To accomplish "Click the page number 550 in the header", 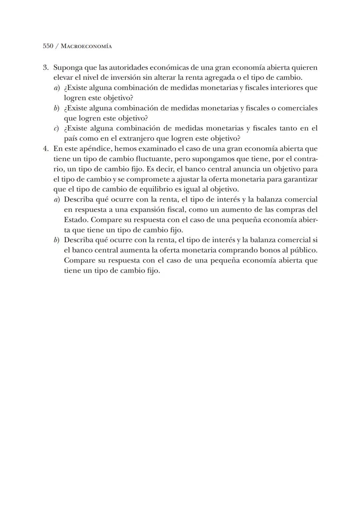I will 48,46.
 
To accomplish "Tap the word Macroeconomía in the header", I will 86,46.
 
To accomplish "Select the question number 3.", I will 46,68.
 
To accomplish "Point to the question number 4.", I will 46,149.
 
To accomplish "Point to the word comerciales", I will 297,108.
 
